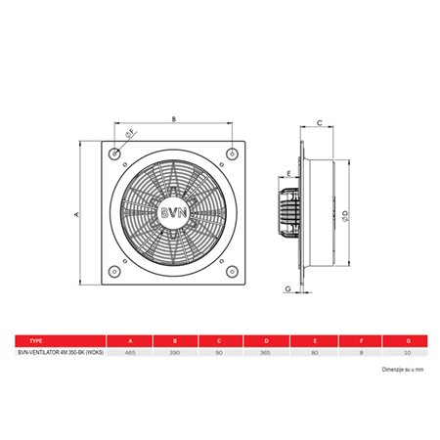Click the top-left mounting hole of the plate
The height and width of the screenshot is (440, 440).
click(117, 154)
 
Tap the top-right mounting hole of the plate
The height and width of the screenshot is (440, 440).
click(233, 154)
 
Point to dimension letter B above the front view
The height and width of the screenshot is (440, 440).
click(173, 121)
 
